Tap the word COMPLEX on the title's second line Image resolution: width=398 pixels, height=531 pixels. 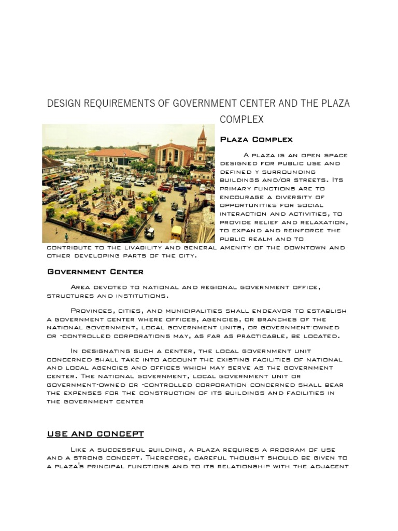click(x=241, y=120)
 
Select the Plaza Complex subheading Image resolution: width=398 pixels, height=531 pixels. click(x=257, y=139)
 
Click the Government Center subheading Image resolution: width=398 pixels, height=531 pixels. click(x=95, y=271)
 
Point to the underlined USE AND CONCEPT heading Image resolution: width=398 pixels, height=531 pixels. click(x=95, y=434)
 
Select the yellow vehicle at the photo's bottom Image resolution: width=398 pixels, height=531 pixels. click(x=176, y=232)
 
